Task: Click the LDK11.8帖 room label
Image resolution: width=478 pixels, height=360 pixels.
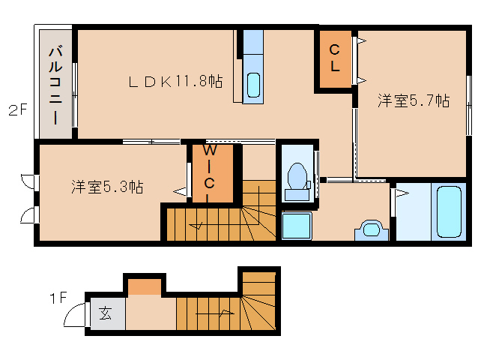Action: (x=175, y=82)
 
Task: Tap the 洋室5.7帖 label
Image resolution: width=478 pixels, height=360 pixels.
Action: (x=414, y=100)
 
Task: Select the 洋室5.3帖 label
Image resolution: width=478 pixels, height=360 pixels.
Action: (x=107, y=187)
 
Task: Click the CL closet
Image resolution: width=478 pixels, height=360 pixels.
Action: (x=335, y=58)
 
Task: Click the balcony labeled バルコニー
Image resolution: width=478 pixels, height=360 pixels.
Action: (x=55, y=84)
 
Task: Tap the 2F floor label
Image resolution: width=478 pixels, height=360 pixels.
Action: (x=18, y=109)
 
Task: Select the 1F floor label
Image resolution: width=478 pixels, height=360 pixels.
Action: (x=58, y=298)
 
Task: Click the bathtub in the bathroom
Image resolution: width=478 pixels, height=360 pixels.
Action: (x=449, y=211)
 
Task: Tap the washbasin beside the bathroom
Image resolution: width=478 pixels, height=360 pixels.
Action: (x=372, y=229)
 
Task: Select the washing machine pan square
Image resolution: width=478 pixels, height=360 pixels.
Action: (x=297, y=226)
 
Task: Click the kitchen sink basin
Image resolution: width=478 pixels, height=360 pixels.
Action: (x=253, y=85)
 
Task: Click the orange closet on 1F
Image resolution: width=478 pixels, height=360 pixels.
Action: (x=144, y=286)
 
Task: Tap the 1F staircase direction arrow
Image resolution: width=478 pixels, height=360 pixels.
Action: (x=215, y=313)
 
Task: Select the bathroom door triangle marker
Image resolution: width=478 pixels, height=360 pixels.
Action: (x=402, y=193)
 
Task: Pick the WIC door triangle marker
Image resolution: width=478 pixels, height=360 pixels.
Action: (x=180, y=192)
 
